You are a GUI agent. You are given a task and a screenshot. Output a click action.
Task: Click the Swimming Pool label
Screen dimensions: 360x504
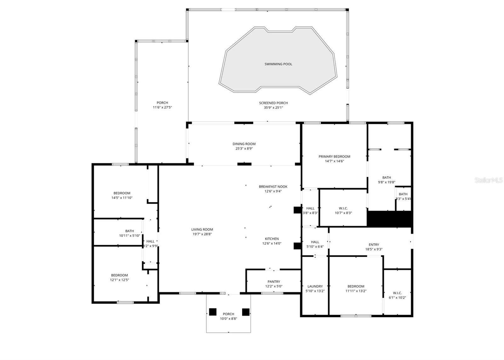(278, 64)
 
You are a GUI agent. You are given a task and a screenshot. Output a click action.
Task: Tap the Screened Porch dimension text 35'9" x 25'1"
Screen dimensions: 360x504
(273, 107)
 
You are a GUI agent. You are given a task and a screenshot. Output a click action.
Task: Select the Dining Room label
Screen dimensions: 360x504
(244, 144)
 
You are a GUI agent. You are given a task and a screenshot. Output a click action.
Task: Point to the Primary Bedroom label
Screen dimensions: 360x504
(334, 157)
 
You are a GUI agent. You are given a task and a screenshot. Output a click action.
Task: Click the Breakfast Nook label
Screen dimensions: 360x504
(273, 187)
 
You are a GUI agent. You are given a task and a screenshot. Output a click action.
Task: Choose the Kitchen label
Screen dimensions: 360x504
(272, 239)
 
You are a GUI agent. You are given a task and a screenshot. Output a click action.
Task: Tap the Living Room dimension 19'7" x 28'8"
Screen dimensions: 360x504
(202, 234)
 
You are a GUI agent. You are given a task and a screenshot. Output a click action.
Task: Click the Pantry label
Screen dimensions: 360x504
(273, 282)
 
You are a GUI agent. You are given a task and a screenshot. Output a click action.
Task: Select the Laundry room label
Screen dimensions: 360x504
(315, 286)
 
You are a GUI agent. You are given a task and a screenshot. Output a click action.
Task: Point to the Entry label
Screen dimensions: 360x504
(374, 245)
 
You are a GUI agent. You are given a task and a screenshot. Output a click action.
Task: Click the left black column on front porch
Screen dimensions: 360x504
(213, 312)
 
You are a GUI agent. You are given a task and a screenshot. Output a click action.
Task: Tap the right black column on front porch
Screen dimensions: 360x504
(246, 312)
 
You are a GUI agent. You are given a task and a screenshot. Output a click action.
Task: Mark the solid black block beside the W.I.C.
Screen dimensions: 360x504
(390, 219)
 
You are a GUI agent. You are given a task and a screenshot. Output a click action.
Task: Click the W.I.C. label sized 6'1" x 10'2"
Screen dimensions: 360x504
(397, 293)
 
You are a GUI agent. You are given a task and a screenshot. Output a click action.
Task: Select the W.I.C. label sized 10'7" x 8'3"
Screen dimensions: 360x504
(343, 208)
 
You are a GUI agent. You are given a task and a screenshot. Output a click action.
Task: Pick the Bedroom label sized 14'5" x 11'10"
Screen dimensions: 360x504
(122, 193)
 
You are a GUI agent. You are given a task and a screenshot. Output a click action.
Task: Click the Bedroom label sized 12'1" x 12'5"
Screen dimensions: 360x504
(119, 275)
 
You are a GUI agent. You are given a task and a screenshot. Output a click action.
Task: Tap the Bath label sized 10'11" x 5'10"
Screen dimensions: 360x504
(129, 231)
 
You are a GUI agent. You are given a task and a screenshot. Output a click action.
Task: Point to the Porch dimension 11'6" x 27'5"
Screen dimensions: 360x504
(162, 107)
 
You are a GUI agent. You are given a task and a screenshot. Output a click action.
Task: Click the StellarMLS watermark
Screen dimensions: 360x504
(488, 180)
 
